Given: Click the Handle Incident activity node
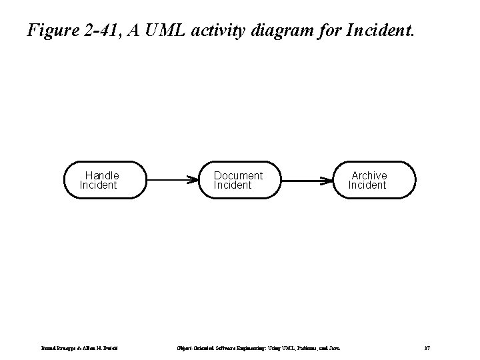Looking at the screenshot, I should click(105, 180).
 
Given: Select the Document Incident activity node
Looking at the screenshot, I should click(241, 180).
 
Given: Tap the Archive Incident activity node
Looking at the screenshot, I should click(375, 180).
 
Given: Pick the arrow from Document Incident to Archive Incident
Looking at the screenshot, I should click(308, 180).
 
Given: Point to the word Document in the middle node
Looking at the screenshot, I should click(238, 175).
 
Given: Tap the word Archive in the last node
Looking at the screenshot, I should click(369, 175).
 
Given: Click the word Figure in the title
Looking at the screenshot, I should click(52, 30).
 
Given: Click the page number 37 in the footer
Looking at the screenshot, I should click(427, 347).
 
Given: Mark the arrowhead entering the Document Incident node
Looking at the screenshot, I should click(195, 180).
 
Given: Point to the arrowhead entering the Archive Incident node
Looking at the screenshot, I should click(331, 180).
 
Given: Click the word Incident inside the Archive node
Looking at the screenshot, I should click(367, 185).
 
